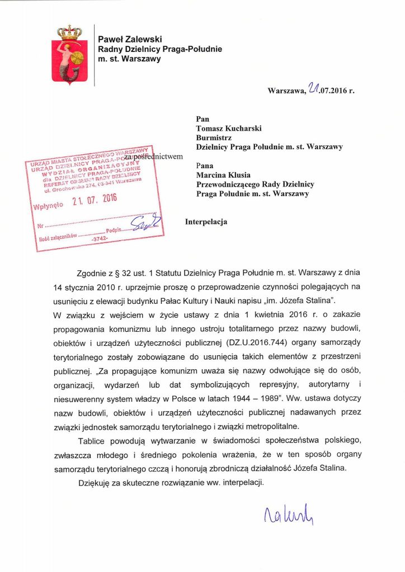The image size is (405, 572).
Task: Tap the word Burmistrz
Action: pos(215,137)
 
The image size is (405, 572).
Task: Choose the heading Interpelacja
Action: pos(206,222)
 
